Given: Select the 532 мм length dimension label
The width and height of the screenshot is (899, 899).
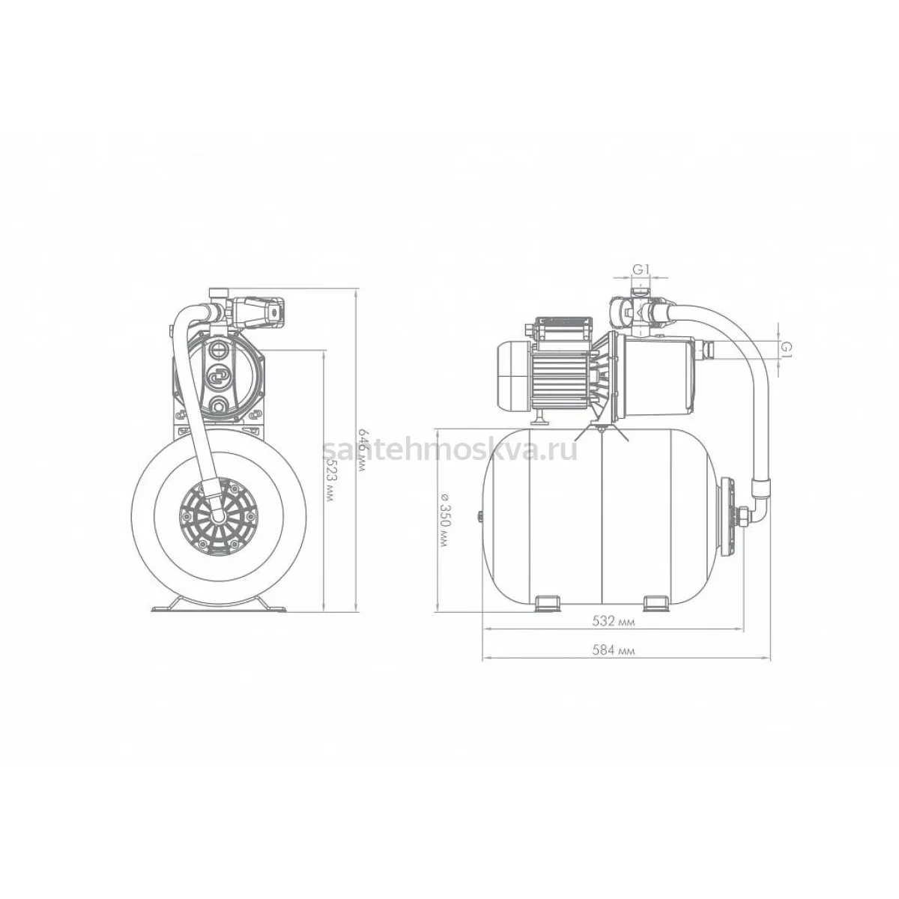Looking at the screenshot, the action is point(614,621).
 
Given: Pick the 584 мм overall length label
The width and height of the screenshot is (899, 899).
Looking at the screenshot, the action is point(614,650).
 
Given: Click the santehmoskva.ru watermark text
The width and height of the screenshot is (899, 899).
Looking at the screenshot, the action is point(449,450).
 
